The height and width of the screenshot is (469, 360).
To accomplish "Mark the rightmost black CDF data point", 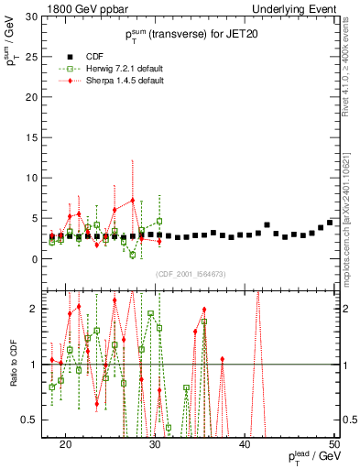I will tap(330, 223).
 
